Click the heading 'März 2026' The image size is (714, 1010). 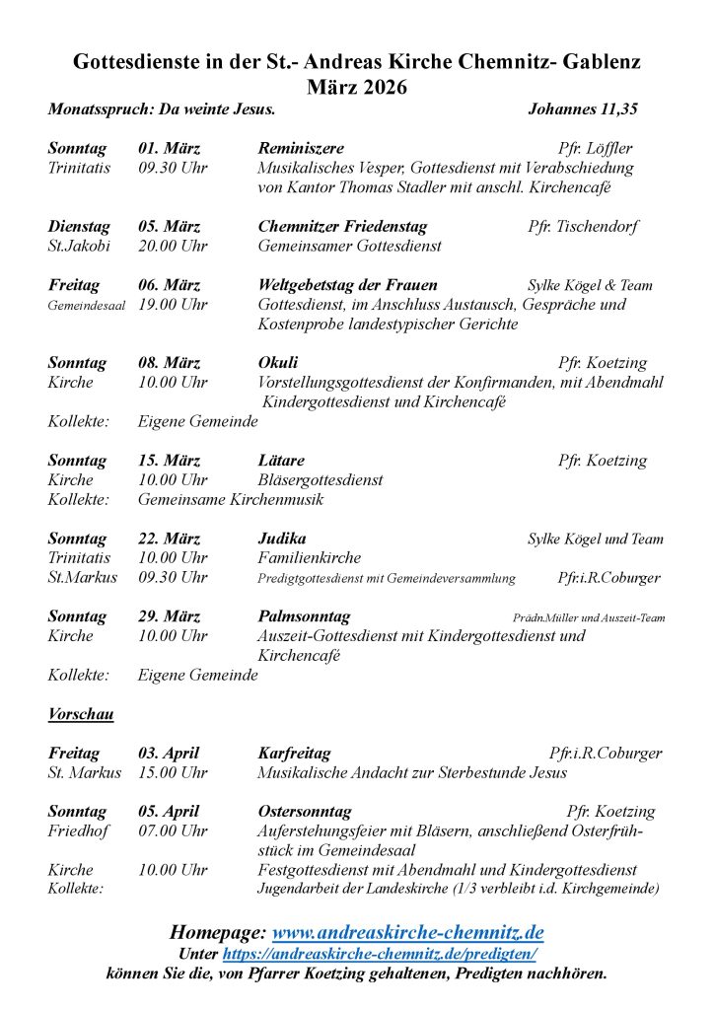pos(357,87)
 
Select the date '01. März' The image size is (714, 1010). pos(169,148)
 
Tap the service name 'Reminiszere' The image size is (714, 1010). pos(300,148)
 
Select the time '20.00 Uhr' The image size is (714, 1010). pos(173,246)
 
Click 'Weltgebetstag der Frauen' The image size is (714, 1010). pos(347,285)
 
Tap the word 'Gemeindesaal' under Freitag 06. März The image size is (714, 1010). pos(87,306)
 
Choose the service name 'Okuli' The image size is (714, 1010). pos(278,362)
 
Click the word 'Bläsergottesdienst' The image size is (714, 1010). pos(321,480)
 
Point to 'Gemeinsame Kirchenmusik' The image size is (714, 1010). pos(230,499)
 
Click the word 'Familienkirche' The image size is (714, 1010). pos(309,557)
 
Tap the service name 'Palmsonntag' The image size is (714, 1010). pos(304,616)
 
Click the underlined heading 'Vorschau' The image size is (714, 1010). pos(79,714)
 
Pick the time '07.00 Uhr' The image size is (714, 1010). pos(173,830)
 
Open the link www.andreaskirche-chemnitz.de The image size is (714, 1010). pos(407,932)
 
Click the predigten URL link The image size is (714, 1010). pos(379,954)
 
